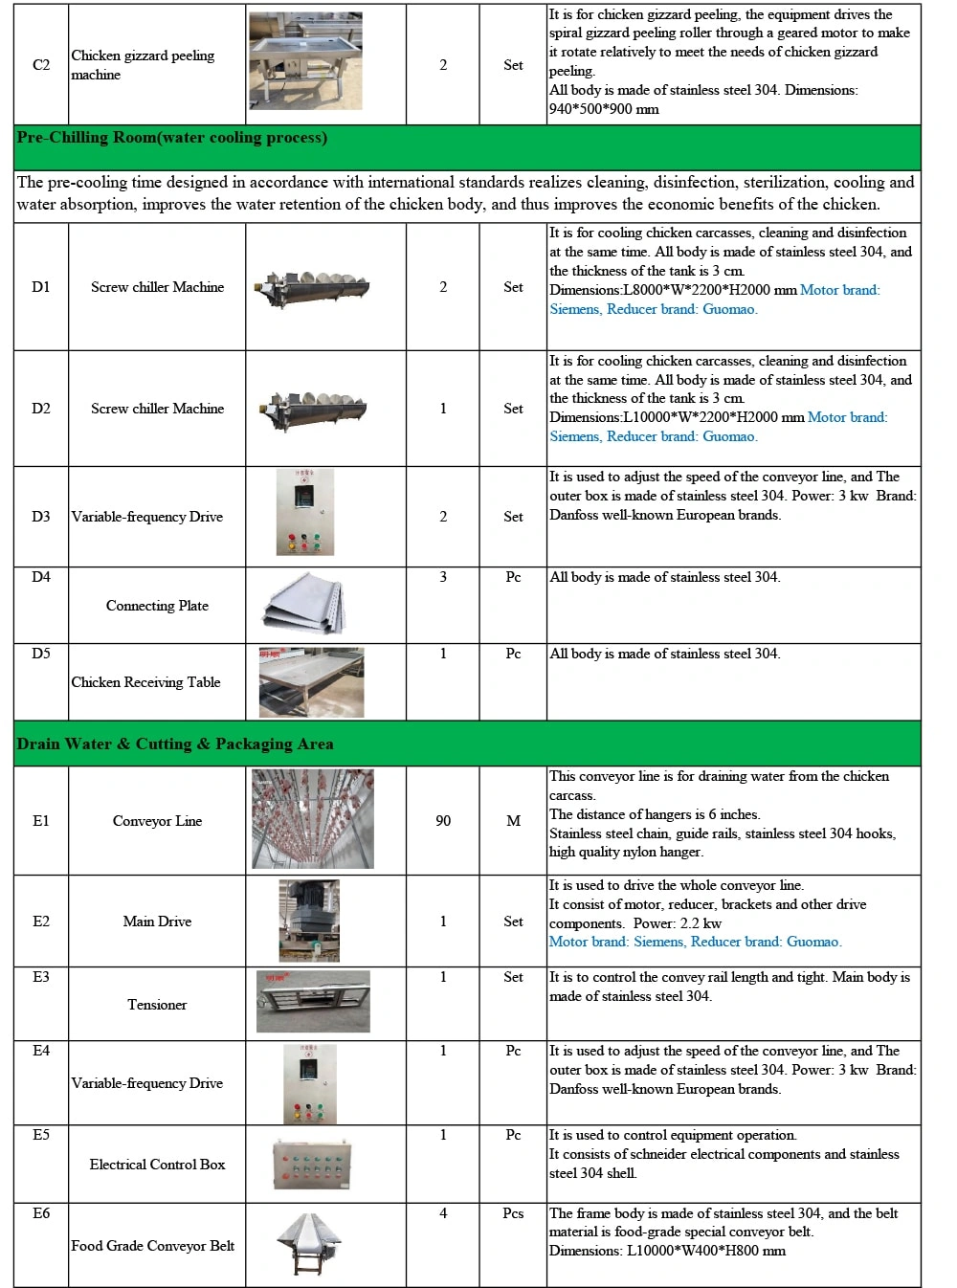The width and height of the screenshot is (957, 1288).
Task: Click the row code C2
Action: pos(41,65)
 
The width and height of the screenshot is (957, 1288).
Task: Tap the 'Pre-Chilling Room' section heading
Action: pos(171,138)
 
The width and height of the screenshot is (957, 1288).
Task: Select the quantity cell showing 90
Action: pos(443,821)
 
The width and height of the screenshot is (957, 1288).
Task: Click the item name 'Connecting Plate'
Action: pos(157,606)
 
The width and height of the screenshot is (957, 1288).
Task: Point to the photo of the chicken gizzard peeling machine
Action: pos(306,61)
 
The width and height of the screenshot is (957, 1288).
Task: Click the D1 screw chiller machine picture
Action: pos(312,286)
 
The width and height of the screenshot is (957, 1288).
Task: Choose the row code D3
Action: pos(41,517)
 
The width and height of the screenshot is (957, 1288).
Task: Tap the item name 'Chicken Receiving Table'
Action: pos(145,682)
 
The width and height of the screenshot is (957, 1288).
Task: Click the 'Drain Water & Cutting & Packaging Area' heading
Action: pos(175,744)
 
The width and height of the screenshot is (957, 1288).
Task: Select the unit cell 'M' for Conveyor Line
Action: pos(514,821)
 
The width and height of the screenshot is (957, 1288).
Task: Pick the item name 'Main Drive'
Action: pos(157,922)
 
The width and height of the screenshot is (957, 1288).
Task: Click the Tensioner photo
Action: pos(313,1002)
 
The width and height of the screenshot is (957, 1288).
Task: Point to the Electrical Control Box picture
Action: pos(312,1164)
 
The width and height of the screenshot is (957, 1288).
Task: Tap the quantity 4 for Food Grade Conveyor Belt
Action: pos(443,1213)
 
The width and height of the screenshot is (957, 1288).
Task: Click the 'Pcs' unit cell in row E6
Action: pos(514,1213)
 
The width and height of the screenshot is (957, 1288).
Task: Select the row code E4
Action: pos(41,1051)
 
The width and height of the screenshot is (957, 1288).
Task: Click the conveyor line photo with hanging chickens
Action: pos(312,821)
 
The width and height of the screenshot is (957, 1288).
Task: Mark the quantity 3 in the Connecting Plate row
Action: pos(443,577)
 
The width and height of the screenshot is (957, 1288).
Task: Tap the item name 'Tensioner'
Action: pos(157,1005)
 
